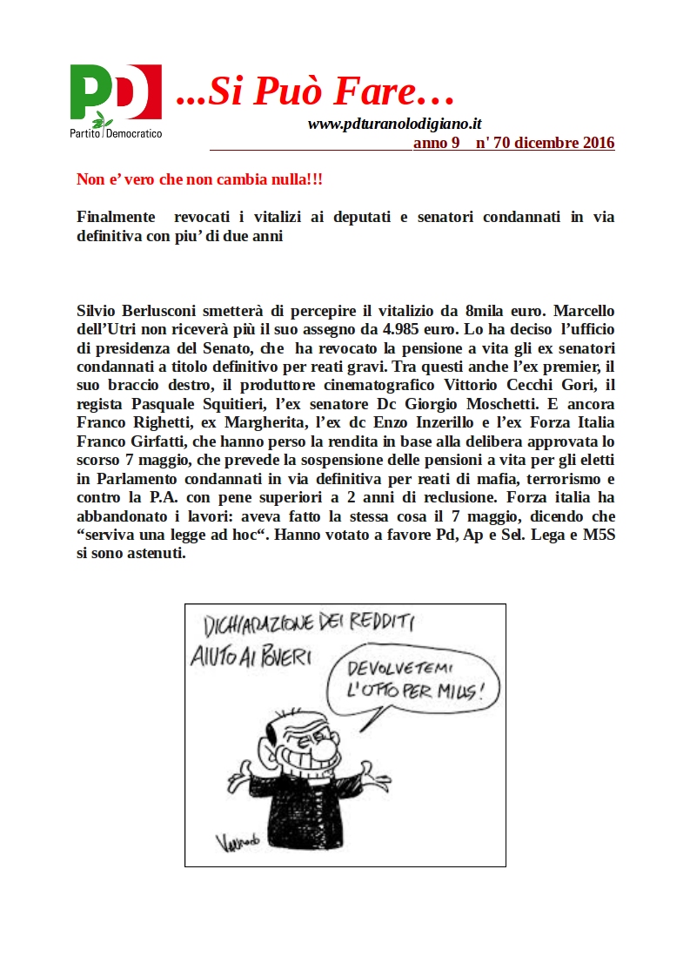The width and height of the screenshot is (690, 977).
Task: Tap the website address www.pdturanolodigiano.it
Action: [394, 125]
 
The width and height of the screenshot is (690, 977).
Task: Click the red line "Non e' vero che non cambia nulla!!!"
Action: [200, 180]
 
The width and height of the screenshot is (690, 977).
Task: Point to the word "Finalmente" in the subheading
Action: [117, 217]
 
